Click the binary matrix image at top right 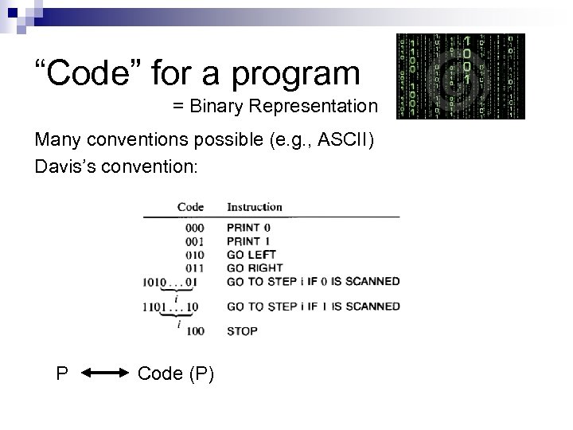click(x=461, y=76)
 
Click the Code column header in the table click(x=190, y=206)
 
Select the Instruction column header click(x=255, y=206)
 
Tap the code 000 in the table click(x=193, y=228)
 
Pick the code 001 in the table click(x=193, y=241)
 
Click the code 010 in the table click(x=193, y=255)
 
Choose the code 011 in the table click(x=193, y=268)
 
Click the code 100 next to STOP click(x=193, y=330)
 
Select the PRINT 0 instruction click(x=248, y=228)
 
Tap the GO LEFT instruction click(x=251, y=255)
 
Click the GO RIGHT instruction click(x=255, y=268)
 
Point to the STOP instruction click(x=242, y=330)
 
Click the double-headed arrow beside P click(x=103, y=373)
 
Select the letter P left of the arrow click(x=61, y=373)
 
